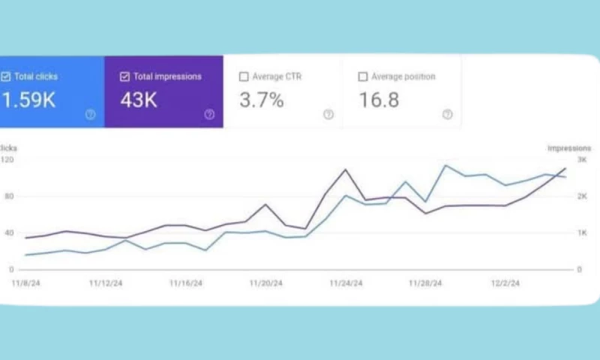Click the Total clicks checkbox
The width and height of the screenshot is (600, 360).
tap(6, 76)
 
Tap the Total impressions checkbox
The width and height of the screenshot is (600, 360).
tap(124, 76)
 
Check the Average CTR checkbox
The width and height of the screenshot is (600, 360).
tap(244, 76)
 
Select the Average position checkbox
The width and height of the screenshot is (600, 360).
tap(363, 76)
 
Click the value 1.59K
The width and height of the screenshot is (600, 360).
tap(28, 100)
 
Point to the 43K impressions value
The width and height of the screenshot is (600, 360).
tap(139, 100)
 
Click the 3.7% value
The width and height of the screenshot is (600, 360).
tap(261, 100)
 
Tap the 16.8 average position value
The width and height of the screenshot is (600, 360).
tap(379, 100)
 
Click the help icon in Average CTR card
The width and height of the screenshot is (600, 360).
tap(328, 115)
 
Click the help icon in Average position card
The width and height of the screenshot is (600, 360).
tap(447, 115)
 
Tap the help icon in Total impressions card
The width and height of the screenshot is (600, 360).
tap(209, 115)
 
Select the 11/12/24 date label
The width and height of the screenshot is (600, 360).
tap(105, 283)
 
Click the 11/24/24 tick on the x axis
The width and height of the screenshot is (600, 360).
tap(346, 283)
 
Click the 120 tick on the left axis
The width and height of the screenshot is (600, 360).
tap(7, 160)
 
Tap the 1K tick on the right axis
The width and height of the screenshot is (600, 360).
tap(581, 232)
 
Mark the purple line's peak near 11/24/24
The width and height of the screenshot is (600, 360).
tap(346, 169)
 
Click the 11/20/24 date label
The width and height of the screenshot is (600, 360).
tap(265, 283)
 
